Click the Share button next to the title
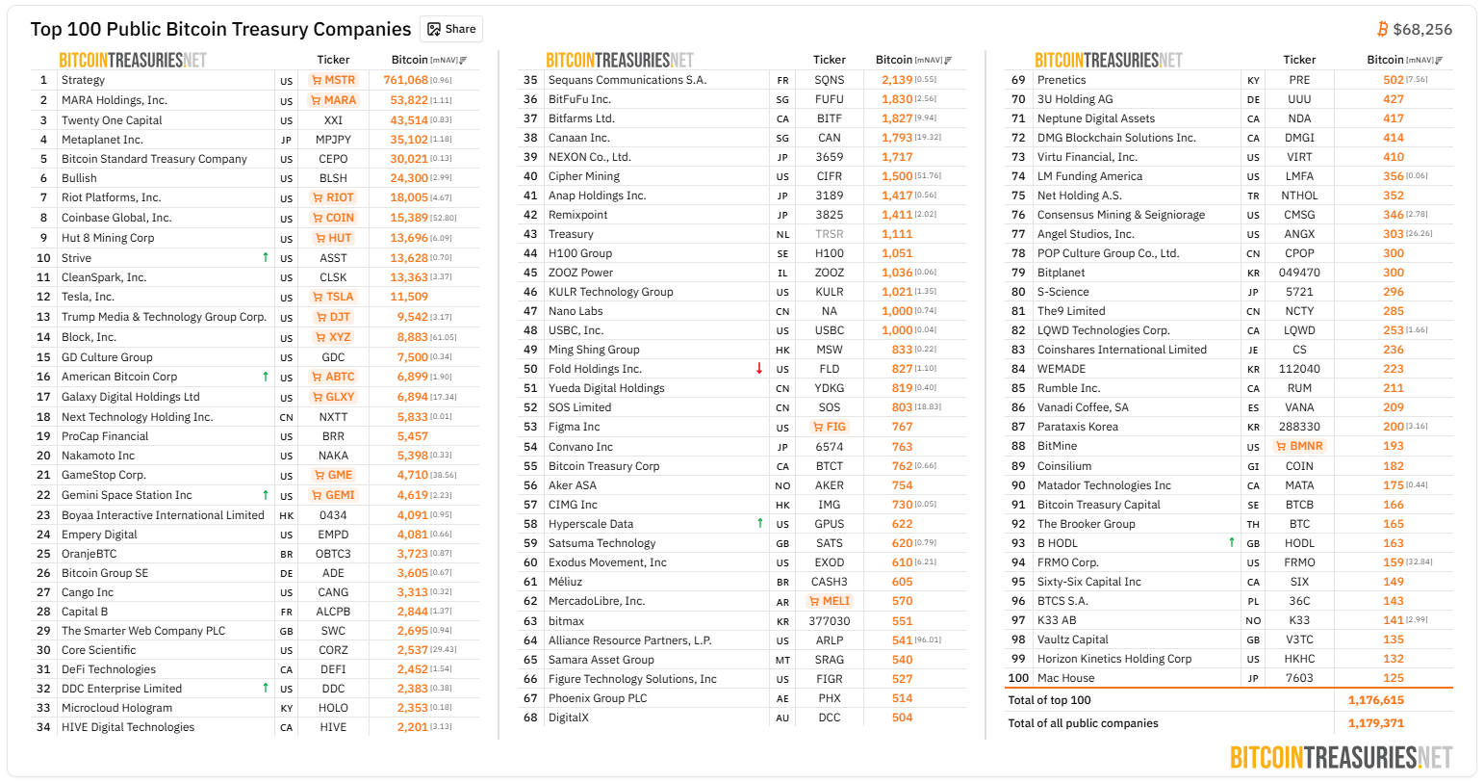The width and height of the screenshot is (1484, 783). [x=451, y=29]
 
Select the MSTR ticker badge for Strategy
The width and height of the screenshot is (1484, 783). [x=333, y=80]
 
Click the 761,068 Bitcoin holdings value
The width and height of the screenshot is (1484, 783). [x=406, y=80]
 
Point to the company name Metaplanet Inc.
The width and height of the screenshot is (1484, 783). [x=102, y=140]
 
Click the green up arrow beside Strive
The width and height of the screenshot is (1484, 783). [x=266, y=257]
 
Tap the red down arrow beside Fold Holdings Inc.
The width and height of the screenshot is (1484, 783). [x=759, y=368]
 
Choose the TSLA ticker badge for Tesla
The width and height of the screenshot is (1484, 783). [x=333, y=297]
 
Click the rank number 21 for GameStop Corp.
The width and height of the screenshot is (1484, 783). [x=43, y=475]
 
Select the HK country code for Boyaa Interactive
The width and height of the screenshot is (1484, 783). [x=286, y=516]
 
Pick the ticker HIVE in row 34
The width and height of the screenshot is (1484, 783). [x=333, y=727]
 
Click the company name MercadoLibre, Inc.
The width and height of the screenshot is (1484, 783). [x=597, y=601]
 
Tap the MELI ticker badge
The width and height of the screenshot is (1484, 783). [x=829, y=601]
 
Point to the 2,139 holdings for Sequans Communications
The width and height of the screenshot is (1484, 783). [x=897, y=80]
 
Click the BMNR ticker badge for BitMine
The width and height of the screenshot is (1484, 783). [x=1299, y=446]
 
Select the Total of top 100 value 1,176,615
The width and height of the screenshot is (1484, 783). [x=1375, y=700]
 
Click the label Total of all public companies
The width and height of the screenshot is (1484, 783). [x=1083, y=723]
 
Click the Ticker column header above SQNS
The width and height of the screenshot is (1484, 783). [x=829, y=60]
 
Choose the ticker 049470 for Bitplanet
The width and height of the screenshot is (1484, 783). [x=1299, y=273]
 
